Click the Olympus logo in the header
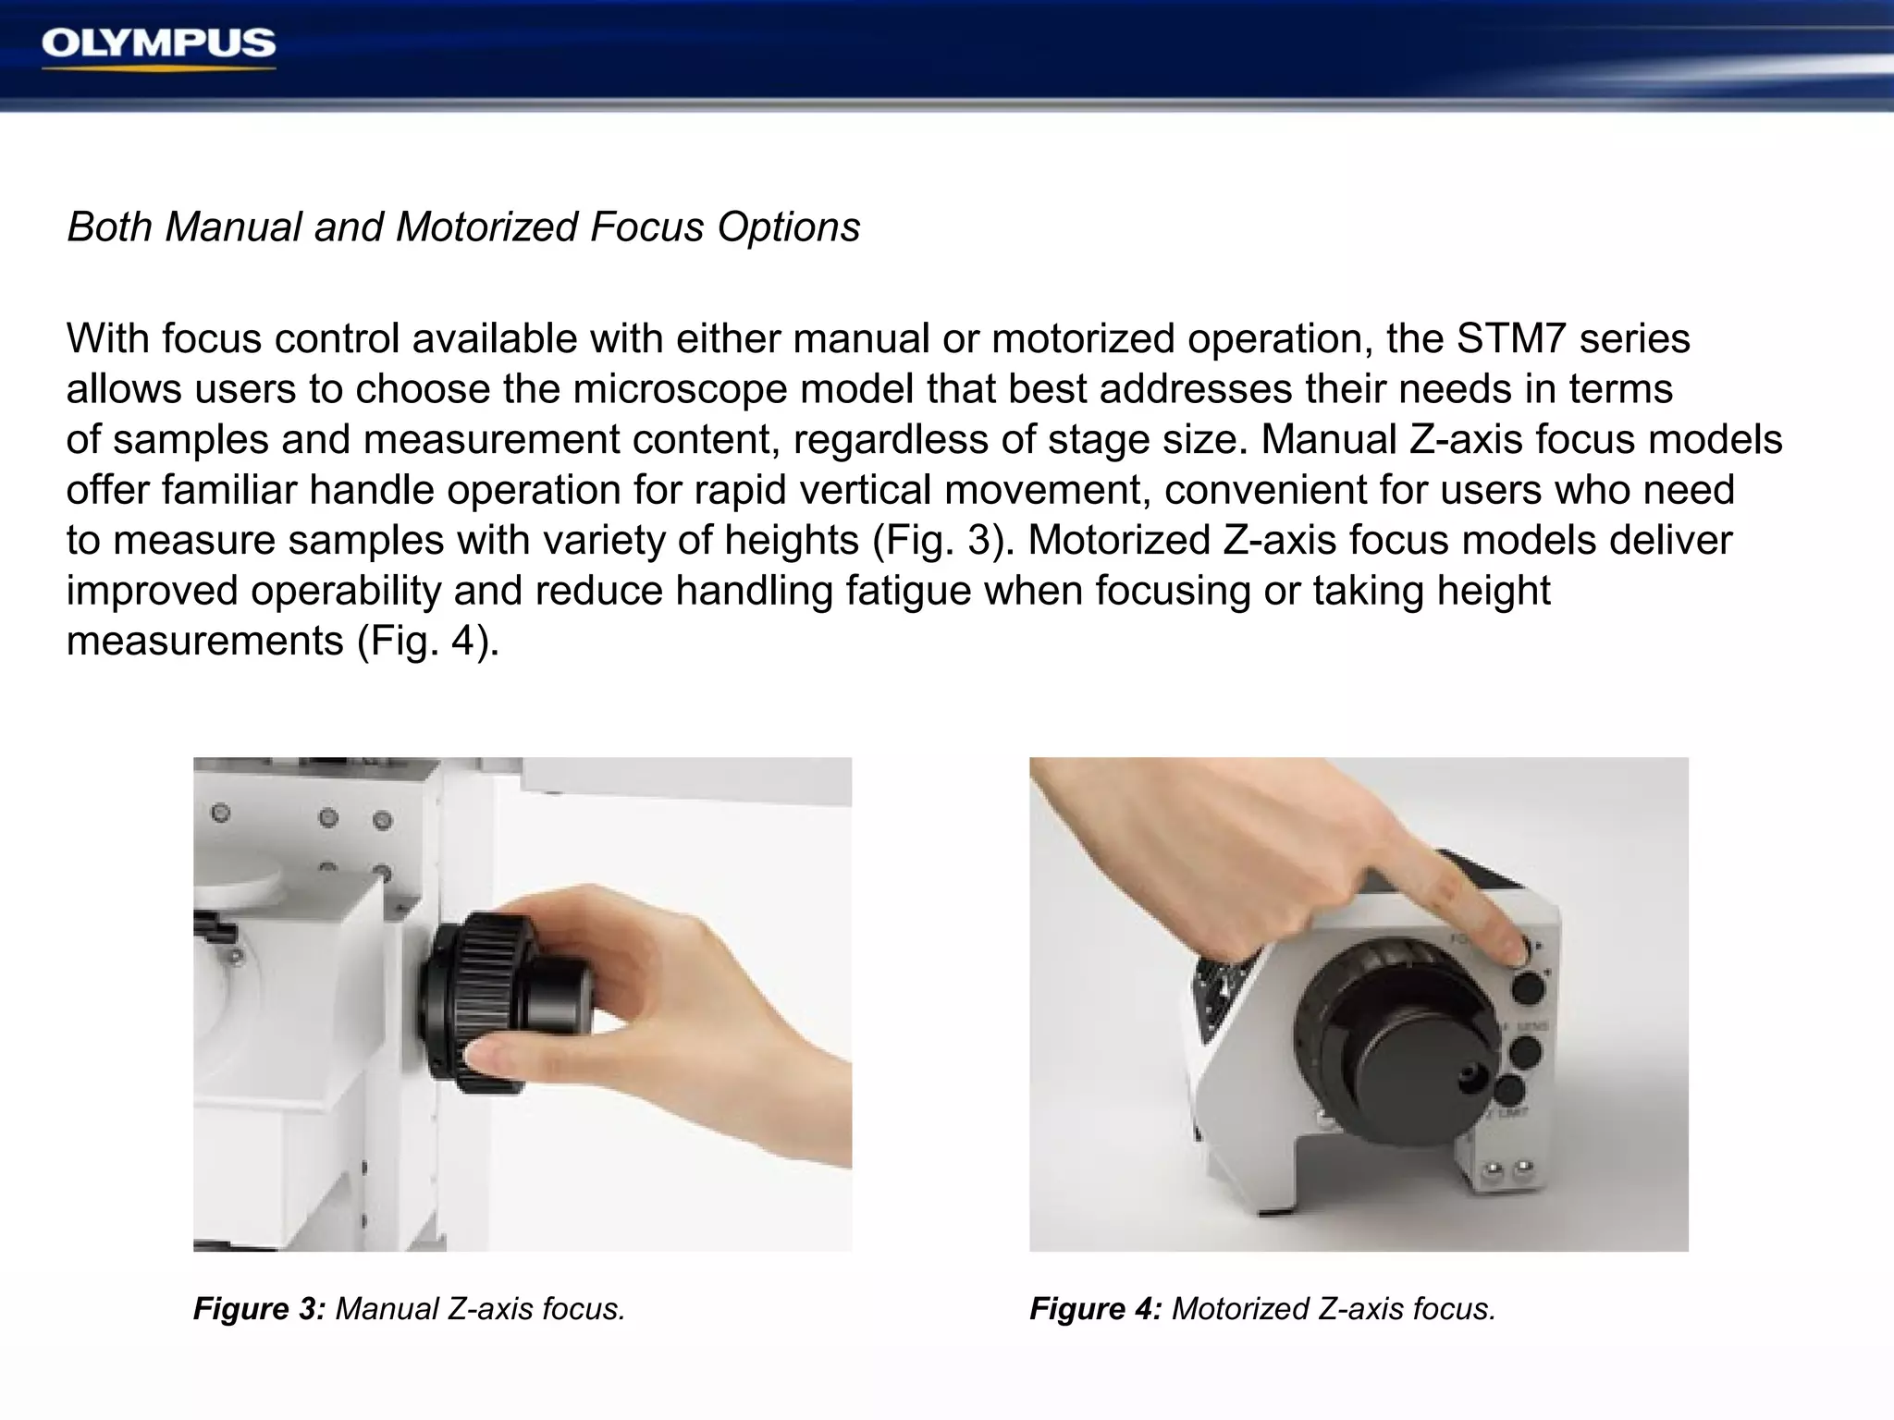tap(158, 44)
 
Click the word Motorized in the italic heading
tap(486, 227)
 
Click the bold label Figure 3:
tap(259, 1309)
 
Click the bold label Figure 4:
tap(1095, 1309)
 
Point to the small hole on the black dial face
tap(1467, 1075)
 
